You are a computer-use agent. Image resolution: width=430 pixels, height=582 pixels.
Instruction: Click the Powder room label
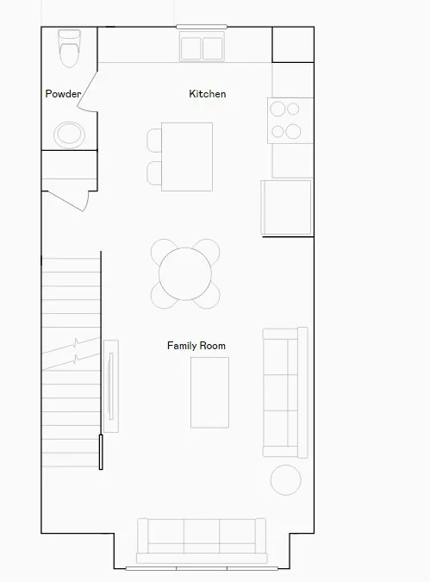click(x=63, y=94)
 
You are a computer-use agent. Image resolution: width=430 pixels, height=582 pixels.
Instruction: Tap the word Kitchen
click(x=208, y=94)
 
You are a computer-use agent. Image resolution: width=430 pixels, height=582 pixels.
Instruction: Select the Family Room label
click(x=196, y=346)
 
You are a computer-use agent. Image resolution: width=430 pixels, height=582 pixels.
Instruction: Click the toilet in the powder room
click(x=70, y=48)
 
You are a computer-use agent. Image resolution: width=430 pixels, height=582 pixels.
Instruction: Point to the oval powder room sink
click(x=70, y=135)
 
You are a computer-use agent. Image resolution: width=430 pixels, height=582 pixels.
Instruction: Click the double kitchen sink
click(x=202, y=47)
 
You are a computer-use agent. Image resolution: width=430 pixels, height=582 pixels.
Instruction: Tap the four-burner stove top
click(x=290, y=121)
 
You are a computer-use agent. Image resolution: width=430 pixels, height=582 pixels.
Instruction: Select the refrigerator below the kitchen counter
click(x=286, y=208)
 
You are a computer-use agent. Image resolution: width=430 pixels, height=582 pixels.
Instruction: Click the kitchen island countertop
click(x=187, y=157)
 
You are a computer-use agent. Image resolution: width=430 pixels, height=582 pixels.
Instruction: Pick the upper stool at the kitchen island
click(x=154, y=141)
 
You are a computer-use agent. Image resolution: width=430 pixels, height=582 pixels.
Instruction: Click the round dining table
click(x=185, y=274)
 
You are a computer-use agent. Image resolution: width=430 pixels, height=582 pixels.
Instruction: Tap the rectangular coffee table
click(x=209, y=392)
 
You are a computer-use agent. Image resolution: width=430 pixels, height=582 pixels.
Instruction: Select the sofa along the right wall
click(x=285, y=392)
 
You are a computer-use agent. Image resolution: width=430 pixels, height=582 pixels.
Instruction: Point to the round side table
click(x=286, y=480)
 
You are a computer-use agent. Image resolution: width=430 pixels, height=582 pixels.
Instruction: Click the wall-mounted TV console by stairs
click(x=111, y=386)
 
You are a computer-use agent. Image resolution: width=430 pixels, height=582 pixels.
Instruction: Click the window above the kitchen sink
click(x=202, y=27)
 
